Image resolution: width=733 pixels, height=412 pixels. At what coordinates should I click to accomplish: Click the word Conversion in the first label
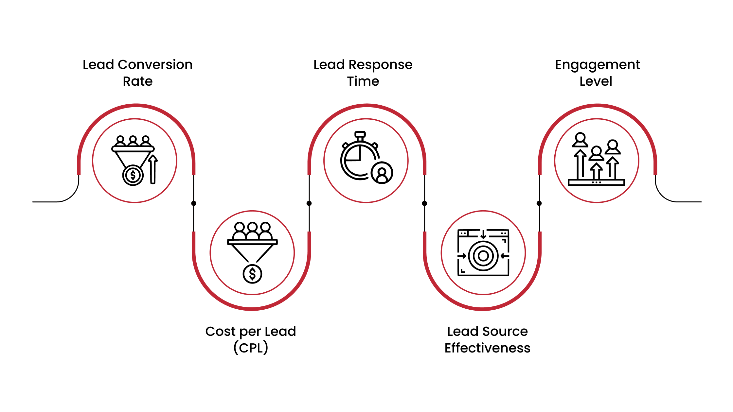pyautogui.click(x=155, y=65)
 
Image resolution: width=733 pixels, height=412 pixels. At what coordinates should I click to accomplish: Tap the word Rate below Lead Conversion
pyautogui.click(x=137, y=81)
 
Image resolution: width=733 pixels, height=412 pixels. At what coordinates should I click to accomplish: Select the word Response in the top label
pyautogui.click(x=380, y=65)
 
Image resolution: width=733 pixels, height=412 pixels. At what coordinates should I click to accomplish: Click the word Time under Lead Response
pyautogui.click(x=363, y=81)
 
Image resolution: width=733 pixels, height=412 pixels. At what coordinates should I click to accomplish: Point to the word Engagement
pyautogui.click(x=597, y=65)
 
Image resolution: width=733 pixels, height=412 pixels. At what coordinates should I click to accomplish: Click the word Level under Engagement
pyautogui.click(x=596, y=81)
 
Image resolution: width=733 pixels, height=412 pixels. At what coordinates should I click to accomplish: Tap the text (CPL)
pyautogui.click(x=251, y=348)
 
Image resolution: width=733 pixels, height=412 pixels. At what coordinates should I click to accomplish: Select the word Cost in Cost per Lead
pyautogui.click(x=220, y=332)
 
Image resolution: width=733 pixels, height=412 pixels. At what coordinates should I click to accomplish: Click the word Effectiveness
pyautogui.click(x=487, y=348)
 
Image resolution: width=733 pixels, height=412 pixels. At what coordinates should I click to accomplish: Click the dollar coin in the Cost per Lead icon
pyautogui.click(x=252, y=274)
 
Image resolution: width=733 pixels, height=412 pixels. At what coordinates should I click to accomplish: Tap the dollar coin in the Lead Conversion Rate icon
pyautogui.click(x=133, y=175)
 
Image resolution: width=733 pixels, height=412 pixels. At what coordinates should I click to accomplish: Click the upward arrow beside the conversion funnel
pyautogui.click(x=153, y=169)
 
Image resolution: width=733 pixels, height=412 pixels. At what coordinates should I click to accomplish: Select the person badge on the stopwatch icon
pyautogui.click(x=382, y=173)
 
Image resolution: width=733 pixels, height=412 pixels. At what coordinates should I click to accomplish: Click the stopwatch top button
pyautogui.click(x=360, y=134)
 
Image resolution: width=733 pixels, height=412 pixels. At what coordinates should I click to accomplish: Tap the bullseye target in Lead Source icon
pyautogui.click(x=483, y=256)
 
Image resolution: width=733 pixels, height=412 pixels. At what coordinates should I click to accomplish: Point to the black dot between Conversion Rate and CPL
pyautogui.click(x=194, y=203)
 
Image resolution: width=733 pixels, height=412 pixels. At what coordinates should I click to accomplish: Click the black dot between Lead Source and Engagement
pyautogui.click(x=539, y=203)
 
